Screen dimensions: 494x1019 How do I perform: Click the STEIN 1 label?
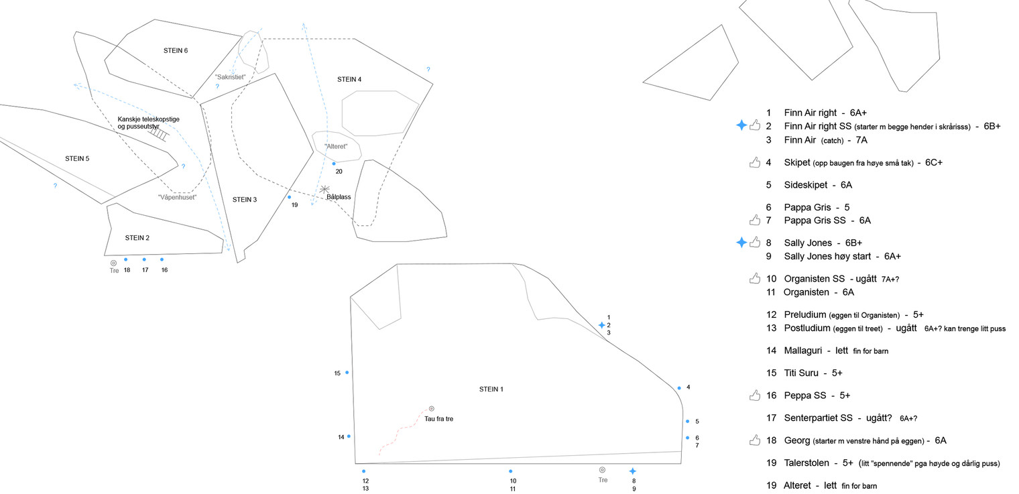coord(491,389)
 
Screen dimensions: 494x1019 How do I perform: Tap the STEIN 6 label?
coord(176,50)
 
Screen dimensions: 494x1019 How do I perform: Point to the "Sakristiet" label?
coord(230,77)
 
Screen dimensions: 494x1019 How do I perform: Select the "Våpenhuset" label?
coord(177,197)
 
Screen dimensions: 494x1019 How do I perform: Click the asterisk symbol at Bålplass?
coord(325,190)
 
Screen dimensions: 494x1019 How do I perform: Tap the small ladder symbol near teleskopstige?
coord(159,133)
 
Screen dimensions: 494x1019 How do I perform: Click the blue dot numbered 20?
coord(334,164)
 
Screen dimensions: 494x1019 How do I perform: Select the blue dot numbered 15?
coord(347,372)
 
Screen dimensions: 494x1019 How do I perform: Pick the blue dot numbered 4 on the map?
coord(678,388)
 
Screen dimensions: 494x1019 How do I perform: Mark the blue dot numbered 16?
coord(162,259)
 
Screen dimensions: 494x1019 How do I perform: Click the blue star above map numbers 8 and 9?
coord(632,471)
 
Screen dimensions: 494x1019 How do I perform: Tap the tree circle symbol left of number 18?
coord(113,263)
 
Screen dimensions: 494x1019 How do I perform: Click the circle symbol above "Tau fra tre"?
coord(431,408)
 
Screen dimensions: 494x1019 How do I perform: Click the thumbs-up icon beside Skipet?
coord(755,162)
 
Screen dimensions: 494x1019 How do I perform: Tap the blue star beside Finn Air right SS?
coord(741,125)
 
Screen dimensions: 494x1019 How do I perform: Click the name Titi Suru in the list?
coord(802,373)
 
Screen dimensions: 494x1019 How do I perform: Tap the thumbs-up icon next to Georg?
coord(755,440)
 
